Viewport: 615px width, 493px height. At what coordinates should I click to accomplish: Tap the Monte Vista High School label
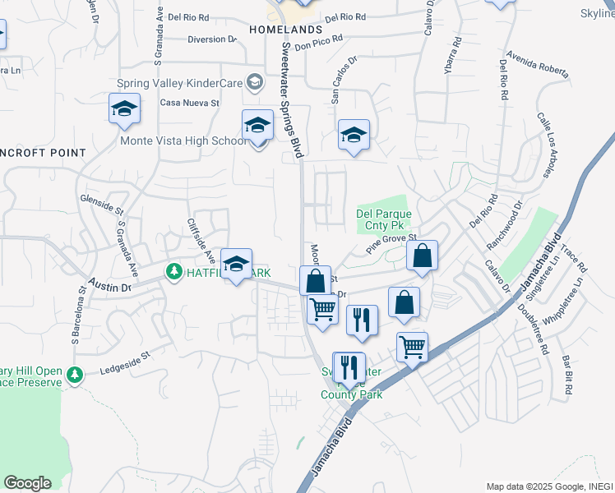click(x=183, y=141)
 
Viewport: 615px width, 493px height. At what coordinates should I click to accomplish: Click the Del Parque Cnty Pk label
click(x=383, y=219)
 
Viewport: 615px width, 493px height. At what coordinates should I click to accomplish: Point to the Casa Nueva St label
click(x=190, y=103)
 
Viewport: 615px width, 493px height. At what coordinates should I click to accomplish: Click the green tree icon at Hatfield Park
click(x=173, y=270)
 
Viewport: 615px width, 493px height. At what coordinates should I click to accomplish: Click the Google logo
click(x=27, y=482)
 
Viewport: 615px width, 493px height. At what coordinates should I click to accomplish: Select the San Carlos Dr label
click(x=344, y=80)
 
